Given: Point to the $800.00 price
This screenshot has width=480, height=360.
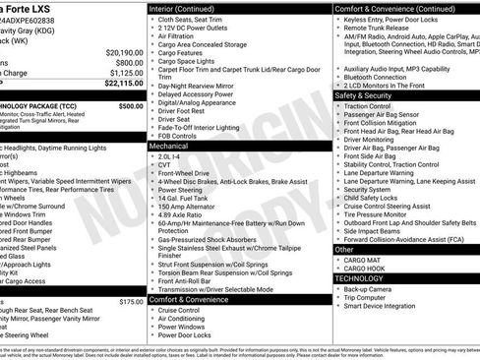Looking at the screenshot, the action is [129, 62].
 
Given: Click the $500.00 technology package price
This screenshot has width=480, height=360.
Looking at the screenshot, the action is [130, 105].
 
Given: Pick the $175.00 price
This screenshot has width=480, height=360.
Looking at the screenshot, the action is [130, 302].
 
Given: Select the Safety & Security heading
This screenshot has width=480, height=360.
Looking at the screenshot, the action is [363, 95].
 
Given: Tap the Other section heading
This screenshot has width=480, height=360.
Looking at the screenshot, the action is [344, 250].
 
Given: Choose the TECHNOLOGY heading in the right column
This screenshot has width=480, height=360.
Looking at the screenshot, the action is [359, 278].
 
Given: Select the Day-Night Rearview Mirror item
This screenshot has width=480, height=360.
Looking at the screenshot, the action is [203, 85].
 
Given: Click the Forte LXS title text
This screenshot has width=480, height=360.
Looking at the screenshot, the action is [30, 7].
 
